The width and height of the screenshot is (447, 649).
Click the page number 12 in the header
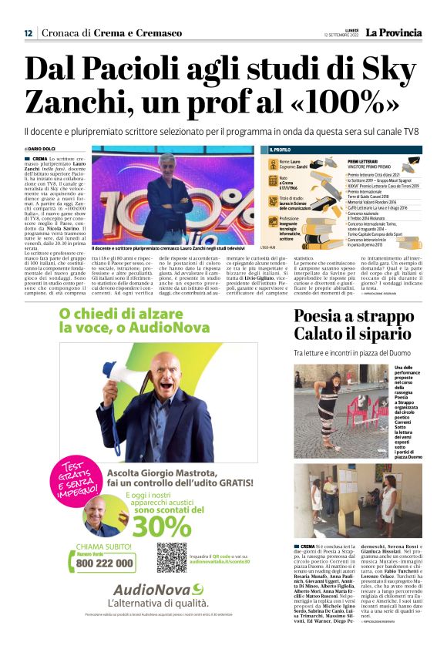(x=28, y=33)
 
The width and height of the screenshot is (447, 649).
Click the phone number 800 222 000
(x=105, y=563)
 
